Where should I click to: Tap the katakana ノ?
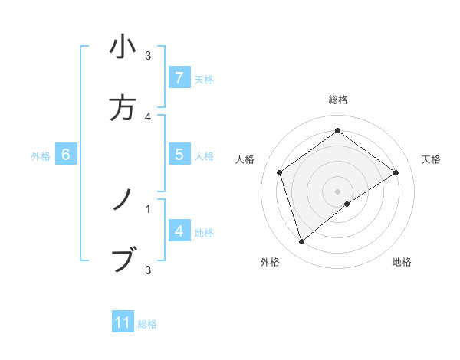pyautogui.click(x=123, y=201)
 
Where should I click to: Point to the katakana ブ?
pyautogui.click(x=123, y=260)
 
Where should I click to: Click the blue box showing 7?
pyautogui.click(x=179, y=77)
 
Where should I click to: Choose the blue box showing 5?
pyautogui.click(x=179, y=155)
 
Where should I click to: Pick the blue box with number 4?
pyautogui.click(x=179, y=231)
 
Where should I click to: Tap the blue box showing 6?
pyautogui.click(x=66, y=155)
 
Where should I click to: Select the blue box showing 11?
pyautogui.click(x=123, y=322)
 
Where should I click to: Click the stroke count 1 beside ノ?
pyautogui.click(x=148, y=207)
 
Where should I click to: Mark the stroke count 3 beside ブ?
pyautogui.click(x=148, y=269)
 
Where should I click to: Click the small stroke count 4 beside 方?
pyautogui.click(x=148, y=116)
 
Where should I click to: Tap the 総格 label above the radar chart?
pyautogui.click(x=338, y=100)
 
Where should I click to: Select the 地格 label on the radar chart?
pyautogui.click(x=402, y=263)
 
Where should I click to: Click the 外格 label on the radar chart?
pyautogui.click(x=270, y=263)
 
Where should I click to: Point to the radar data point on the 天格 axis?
pyautogui.click(x=396, y=172)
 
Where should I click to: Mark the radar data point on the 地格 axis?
pyautogui.click(x=347, y=204)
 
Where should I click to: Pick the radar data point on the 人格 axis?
pyautogui.click(x=280, y=172)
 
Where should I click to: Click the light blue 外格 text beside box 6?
pyautogui.click(x=41, y=156)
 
